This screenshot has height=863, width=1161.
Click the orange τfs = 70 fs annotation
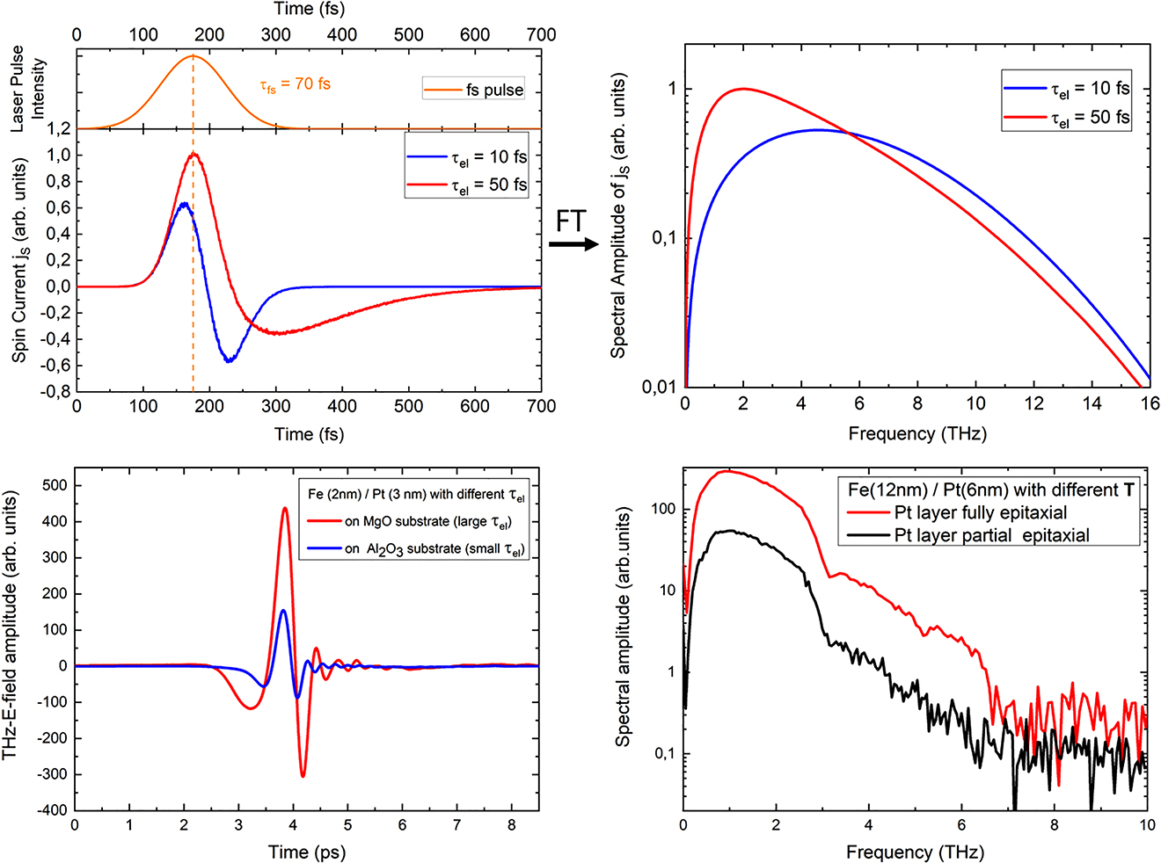coord(295,85)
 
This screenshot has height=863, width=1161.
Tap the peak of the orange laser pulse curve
coord(193,56)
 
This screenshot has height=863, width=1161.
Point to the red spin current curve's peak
coord(194,155)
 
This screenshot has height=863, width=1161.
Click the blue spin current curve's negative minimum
coord(229,360)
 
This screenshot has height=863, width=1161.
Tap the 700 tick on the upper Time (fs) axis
coord(541,35)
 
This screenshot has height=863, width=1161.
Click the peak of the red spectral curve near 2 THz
coord(744,89)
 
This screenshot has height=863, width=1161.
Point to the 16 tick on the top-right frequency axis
coord(1148,403)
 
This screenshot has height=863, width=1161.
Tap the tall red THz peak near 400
coord(285,508)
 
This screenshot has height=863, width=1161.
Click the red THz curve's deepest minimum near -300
coord(303,775)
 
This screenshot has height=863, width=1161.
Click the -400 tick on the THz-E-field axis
coord(50,810)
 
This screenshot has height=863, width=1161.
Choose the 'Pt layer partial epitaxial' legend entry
coord(991,535)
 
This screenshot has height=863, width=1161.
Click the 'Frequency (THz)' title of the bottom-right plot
coord(915,852)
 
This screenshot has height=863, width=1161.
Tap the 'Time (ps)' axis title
coord(306,852)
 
